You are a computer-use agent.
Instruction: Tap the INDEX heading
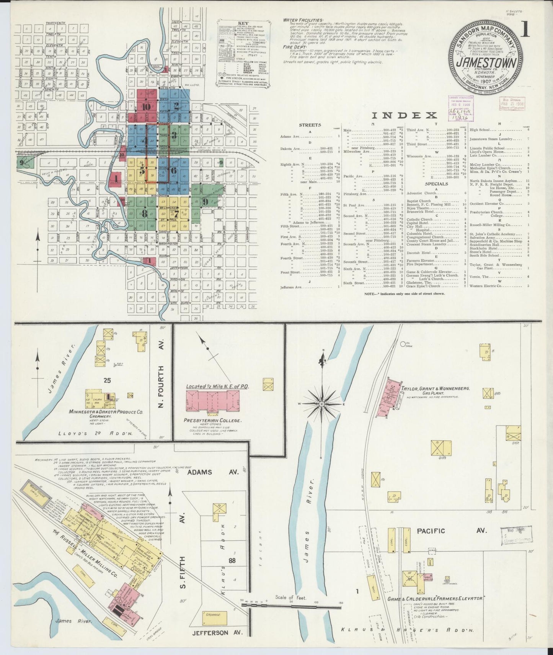coord(404,115)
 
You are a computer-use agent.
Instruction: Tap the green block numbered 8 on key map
coord(144,214)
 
